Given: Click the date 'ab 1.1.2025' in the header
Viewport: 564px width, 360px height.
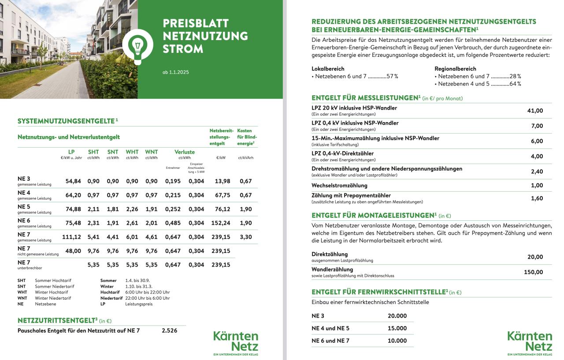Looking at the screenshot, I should pyautogui.click(x=176, y=72).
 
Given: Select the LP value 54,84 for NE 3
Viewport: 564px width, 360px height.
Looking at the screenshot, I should pyautogui.click(x=73, y=181).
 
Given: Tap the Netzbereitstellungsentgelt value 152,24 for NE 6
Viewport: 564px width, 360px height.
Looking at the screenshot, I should pyautogui.click(x=220, y=223).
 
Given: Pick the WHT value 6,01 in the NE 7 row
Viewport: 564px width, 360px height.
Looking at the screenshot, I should pyautogui.click(x=132, y=237).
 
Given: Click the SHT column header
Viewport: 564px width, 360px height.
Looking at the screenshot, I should pyautogui.click(x=93, y=152).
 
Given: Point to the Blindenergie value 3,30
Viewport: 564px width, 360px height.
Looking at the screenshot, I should pyautogui.click(x=245, y=237).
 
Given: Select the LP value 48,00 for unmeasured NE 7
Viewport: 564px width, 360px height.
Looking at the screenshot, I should pyautogui.click(x=73, y=251).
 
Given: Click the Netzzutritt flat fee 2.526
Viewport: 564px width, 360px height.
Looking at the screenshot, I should pyautogui.click(x=170, y=330).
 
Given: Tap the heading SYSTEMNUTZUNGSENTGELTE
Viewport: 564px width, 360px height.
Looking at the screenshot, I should pyautogui.click(x=67, y=121).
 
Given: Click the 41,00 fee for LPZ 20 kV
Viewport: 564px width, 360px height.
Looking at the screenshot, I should pyautogui.click(x=535, y=111).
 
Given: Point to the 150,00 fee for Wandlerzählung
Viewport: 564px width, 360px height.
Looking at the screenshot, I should pyautogui.click(x=533, y=272).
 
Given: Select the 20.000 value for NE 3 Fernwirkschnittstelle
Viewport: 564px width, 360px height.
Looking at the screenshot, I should pyautogui.click(x=397, y=316).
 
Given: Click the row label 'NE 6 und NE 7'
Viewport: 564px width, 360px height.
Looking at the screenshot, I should pyautogui.click(x=330, y=341).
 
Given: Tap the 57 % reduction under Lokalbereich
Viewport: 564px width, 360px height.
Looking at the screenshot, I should pyautogui.click(x=392, y=76).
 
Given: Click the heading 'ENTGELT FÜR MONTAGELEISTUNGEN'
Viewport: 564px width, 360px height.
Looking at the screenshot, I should pyautogui.click(x=373, y=215).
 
